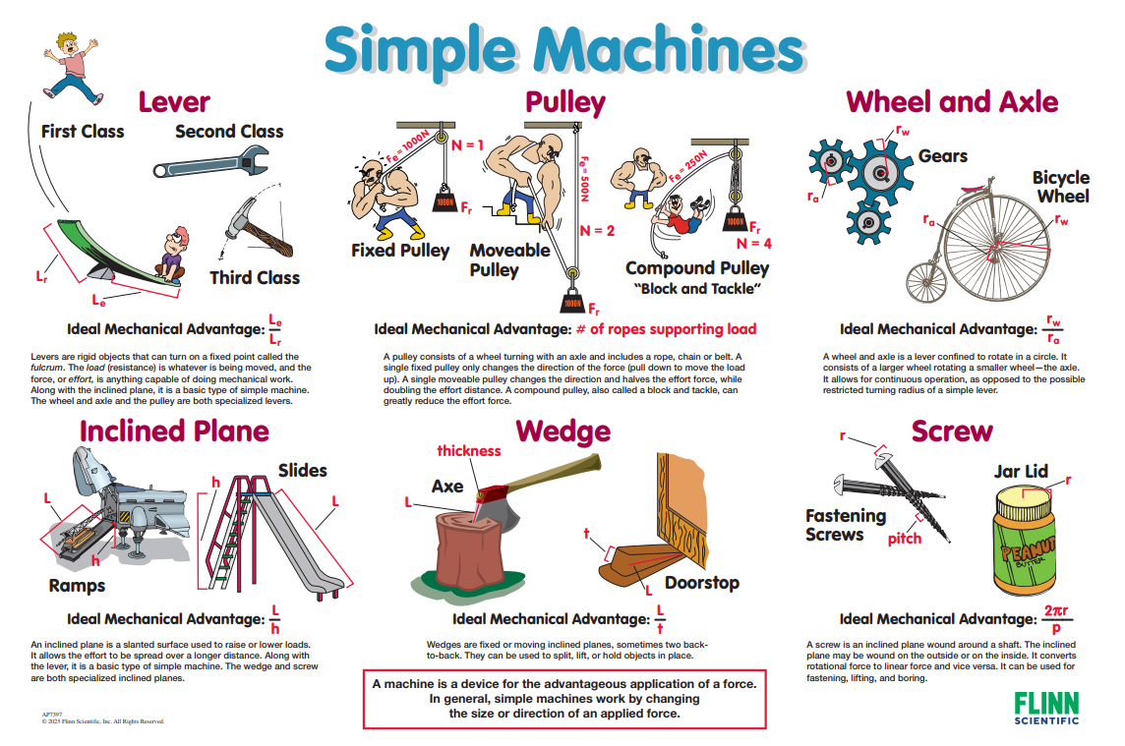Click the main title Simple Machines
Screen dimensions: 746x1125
[562, 49]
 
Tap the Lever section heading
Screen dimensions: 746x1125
[174, 101]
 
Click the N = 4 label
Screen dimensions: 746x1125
[754, 243]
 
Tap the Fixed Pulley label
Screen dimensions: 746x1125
[400, 251]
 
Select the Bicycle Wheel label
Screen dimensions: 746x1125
[1060, 187]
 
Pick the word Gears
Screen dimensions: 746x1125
[942, 156]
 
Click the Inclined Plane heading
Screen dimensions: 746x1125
[174, 431]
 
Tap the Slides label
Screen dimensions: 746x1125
[302, 470]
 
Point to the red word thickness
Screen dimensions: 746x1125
[469, 451]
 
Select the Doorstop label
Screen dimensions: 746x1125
[701, 583]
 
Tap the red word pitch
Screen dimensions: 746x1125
[904, 539]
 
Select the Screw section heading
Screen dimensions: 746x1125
[951, 431]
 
